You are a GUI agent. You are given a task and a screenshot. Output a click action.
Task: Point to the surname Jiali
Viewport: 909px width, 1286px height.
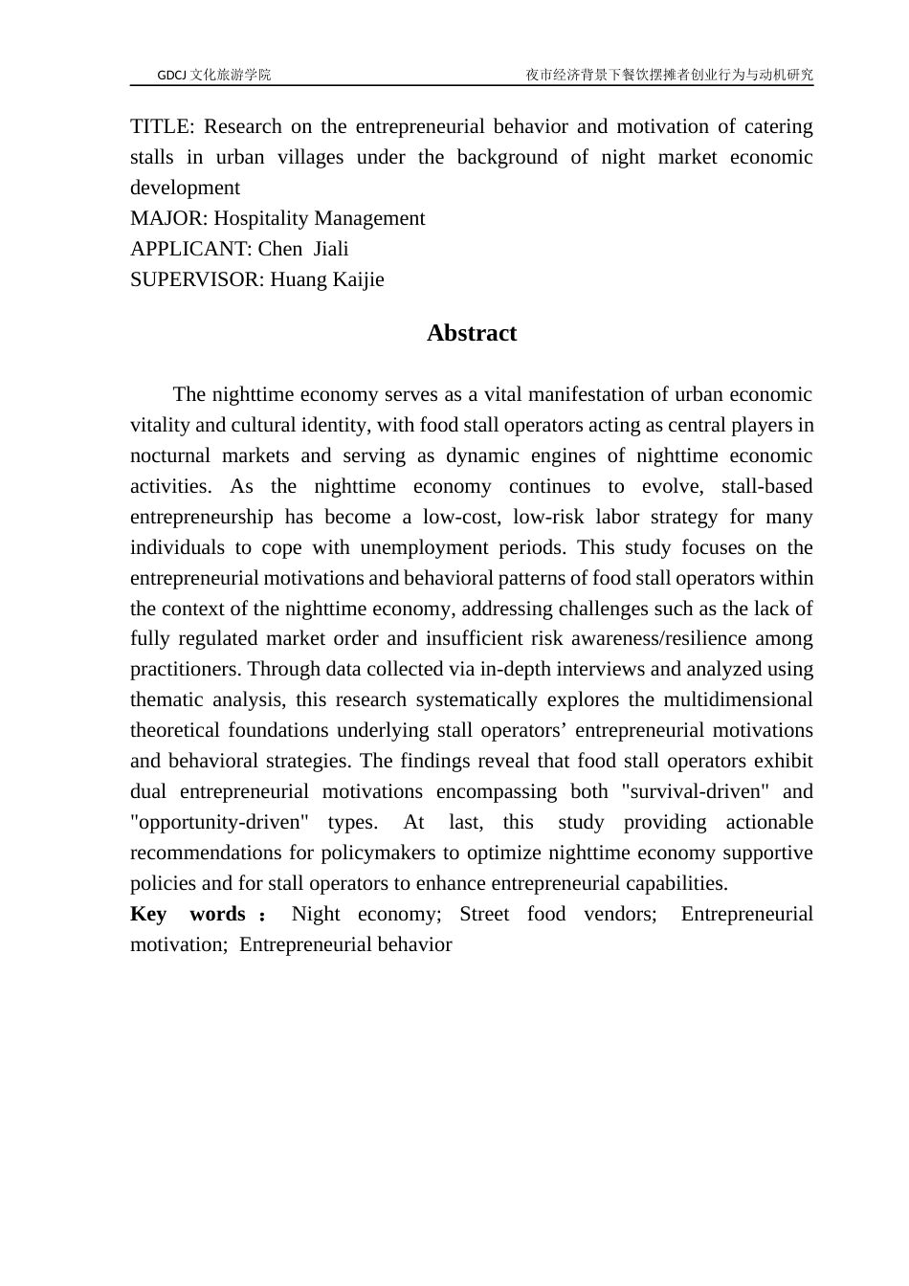coord(331,250)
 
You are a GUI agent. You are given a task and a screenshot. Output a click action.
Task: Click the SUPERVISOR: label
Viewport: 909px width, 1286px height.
coord(196,280)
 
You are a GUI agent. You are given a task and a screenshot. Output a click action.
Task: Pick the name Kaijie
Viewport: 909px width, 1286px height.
coord(358,280)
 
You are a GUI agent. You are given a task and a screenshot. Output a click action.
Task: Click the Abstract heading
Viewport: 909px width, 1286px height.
coord(472,333)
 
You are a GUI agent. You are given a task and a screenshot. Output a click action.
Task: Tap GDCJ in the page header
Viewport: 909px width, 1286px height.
coord(172,75)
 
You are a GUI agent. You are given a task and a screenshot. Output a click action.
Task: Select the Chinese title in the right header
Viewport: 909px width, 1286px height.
coord(669,75)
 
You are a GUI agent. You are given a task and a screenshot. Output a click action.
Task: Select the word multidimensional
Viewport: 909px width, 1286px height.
coord(738,700)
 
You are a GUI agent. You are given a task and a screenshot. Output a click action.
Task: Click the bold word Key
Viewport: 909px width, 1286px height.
coord(148,915)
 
